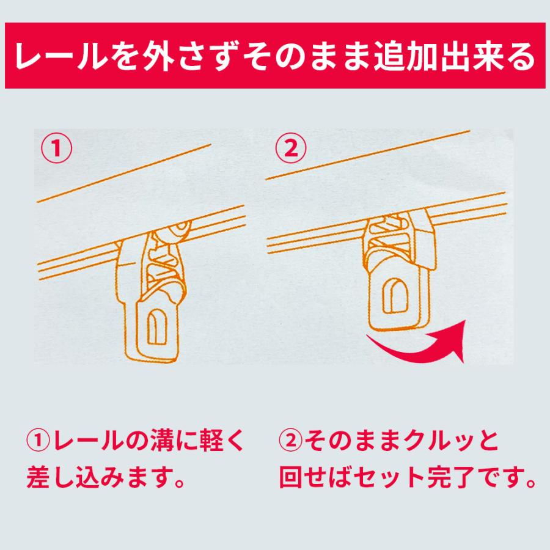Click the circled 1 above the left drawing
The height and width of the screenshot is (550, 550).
[x=57, y=149]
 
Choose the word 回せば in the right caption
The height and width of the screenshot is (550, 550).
[x=315, y=477]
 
